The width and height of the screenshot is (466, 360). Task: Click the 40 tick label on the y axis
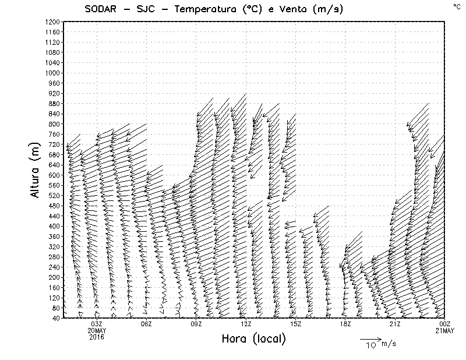point(55,318)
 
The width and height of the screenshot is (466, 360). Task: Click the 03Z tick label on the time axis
point(97,324)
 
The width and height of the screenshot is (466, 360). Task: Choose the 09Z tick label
point(196,324)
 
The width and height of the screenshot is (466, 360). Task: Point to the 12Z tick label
point(246,324)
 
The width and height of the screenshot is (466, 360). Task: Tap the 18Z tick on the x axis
point(345,324)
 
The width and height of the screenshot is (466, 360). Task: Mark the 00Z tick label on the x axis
point(444,324)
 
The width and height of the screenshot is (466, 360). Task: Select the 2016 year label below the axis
point(97,337)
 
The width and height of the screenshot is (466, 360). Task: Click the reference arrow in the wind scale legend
point(370,338)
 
